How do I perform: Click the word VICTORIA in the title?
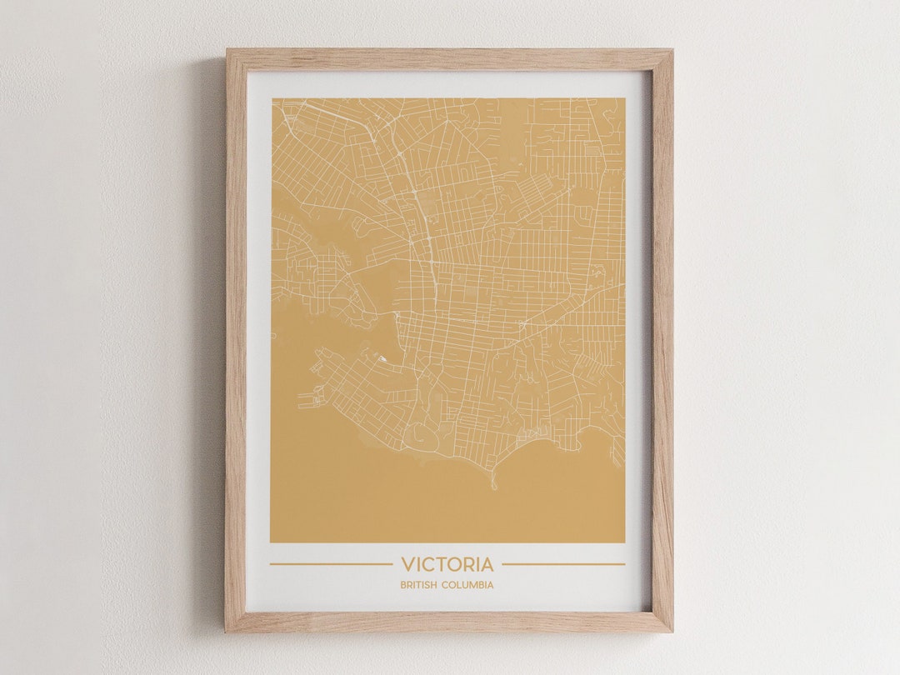[x=447, y=565]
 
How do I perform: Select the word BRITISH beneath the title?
[x=418, y=585]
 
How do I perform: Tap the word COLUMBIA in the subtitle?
[x=467, y=585]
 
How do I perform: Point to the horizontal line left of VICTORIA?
[x=330, y=564]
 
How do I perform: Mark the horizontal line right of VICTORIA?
[x=563, y=564]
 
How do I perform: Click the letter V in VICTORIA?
[x=407, y=565]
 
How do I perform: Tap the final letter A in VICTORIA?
[x=487, y=565]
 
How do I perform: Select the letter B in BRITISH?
[x=402, y=585]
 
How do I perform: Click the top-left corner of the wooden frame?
[x=227, y=51]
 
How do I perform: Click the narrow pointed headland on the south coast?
[x=492, y=482]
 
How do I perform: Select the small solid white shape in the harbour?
[x=382, y=359]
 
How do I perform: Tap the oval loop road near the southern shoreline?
[x=416, y=432]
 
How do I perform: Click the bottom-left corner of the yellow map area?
[x=271, y=542]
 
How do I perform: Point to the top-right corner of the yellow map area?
[x=624, y=99]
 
